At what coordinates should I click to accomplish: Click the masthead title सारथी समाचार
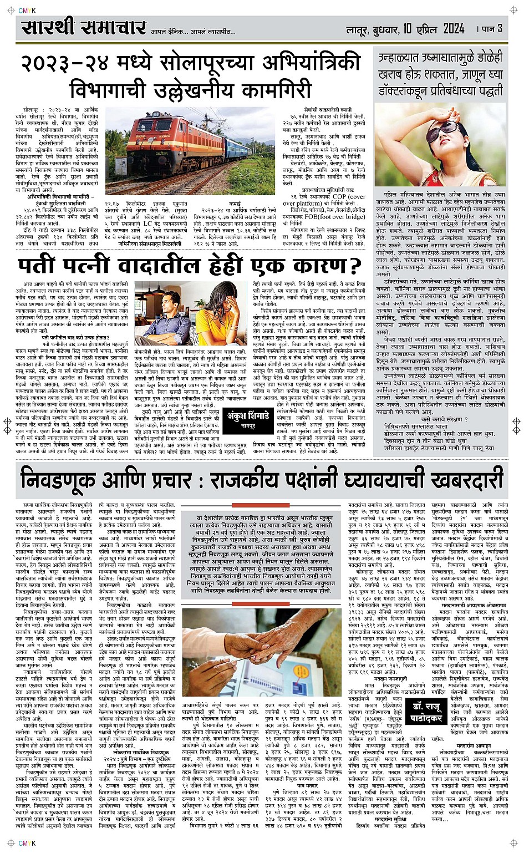83,27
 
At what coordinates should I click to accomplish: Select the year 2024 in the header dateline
447,28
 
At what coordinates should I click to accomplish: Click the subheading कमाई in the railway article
235,204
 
